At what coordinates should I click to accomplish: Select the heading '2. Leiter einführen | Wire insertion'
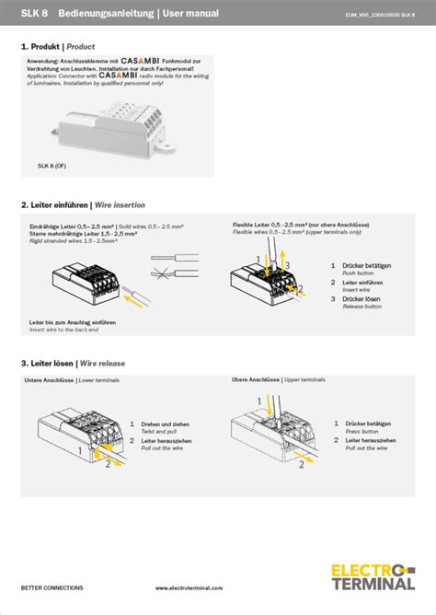pyautogui.click(x=83, y=204)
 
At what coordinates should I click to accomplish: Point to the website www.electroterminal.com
pyautogui.click(x=189, y=587)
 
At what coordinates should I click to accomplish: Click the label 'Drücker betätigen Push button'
pyautogui.click(x=365, y=268)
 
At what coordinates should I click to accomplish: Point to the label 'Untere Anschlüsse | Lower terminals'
pyautogui.click(x=72, y=379)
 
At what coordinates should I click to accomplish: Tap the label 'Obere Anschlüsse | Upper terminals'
pyautogui.click(x=278, y=379)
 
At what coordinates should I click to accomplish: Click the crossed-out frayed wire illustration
pyautogui.click(x=171, y=273)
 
